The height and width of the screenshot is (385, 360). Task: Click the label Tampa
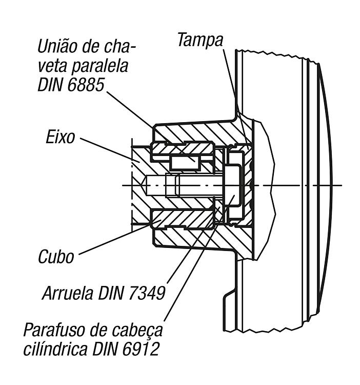(x=200, y=40)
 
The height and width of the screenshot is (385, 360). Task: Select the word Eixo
(x=60, y=137)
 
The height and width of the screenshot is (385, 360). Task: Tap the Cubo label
(x=56, y=257)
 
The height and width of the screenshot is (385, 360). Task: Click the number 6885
(x=86, y=85)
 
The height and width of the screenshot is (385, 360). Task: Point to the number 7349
(x=146, y=293)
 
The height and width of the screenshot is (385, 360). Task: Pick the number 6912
(x=141, y=349)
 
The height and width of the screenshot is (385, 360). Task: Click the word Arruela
(x=68, y=293)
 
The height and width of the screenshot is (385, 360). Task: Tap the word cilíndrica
(x=55, y=349)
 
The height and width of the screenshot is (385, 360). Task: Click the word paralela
(x=99, y=66)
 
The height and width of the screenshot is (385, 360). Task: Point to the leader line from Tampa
(x=236, y=99)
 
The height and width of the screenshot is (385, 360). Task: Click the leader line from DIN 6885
(x=151, y=127)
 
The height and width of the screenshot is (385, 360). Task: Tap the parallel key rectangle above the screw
(x=185, y=163)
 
